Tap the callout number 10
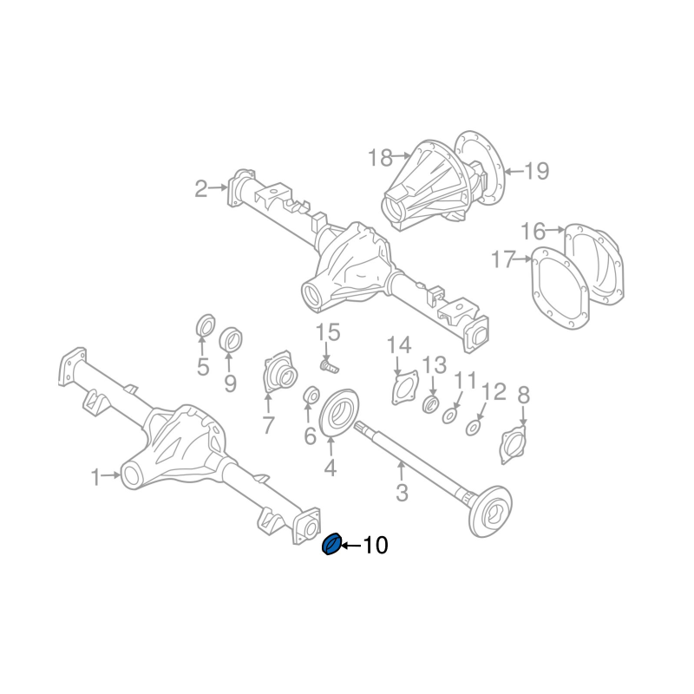coord(376,546)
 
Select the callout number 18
coord(380,157)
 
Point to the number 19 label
coord(536,171)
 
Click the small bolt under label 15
coord(328,366)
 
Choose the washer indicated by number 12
coord(474,428)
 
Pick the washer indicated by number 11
coord(449,416)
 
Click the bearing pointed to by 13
coord(429,404)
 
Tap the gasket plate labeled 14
coord(404,388)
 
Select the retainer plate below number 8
coord(514,445)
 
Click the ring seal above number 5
coord(205,326)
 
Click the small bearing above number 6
coord(311,395)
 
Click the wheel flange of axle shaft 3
coord(489,511)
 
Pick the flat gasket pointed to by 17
coord(560,288)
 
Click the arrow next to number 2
coord(218,187)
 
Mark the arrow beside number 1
coord(111,475)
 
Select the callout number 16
coord(533,231)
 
